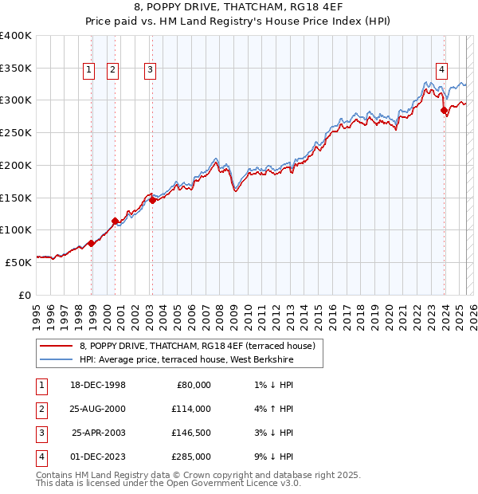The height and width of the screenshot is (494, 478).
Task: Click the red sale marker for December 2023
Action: point(444,111)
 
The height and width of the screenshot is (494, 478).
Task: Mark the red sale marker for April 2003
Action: point(152,200)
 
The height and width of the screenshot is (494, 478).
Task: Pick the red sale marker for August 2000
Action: point(115,221)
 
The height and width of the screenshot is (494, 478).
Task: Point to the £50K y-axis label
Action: point(18,261)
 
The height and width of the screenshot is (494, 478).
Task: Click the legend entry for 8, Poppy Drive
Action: point(198,346)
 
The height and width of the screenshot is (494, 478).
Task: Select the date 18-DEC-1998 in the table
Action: point(97,385)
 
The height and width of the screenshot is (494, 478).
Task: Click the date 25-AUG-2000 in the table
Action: point(97,409)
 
